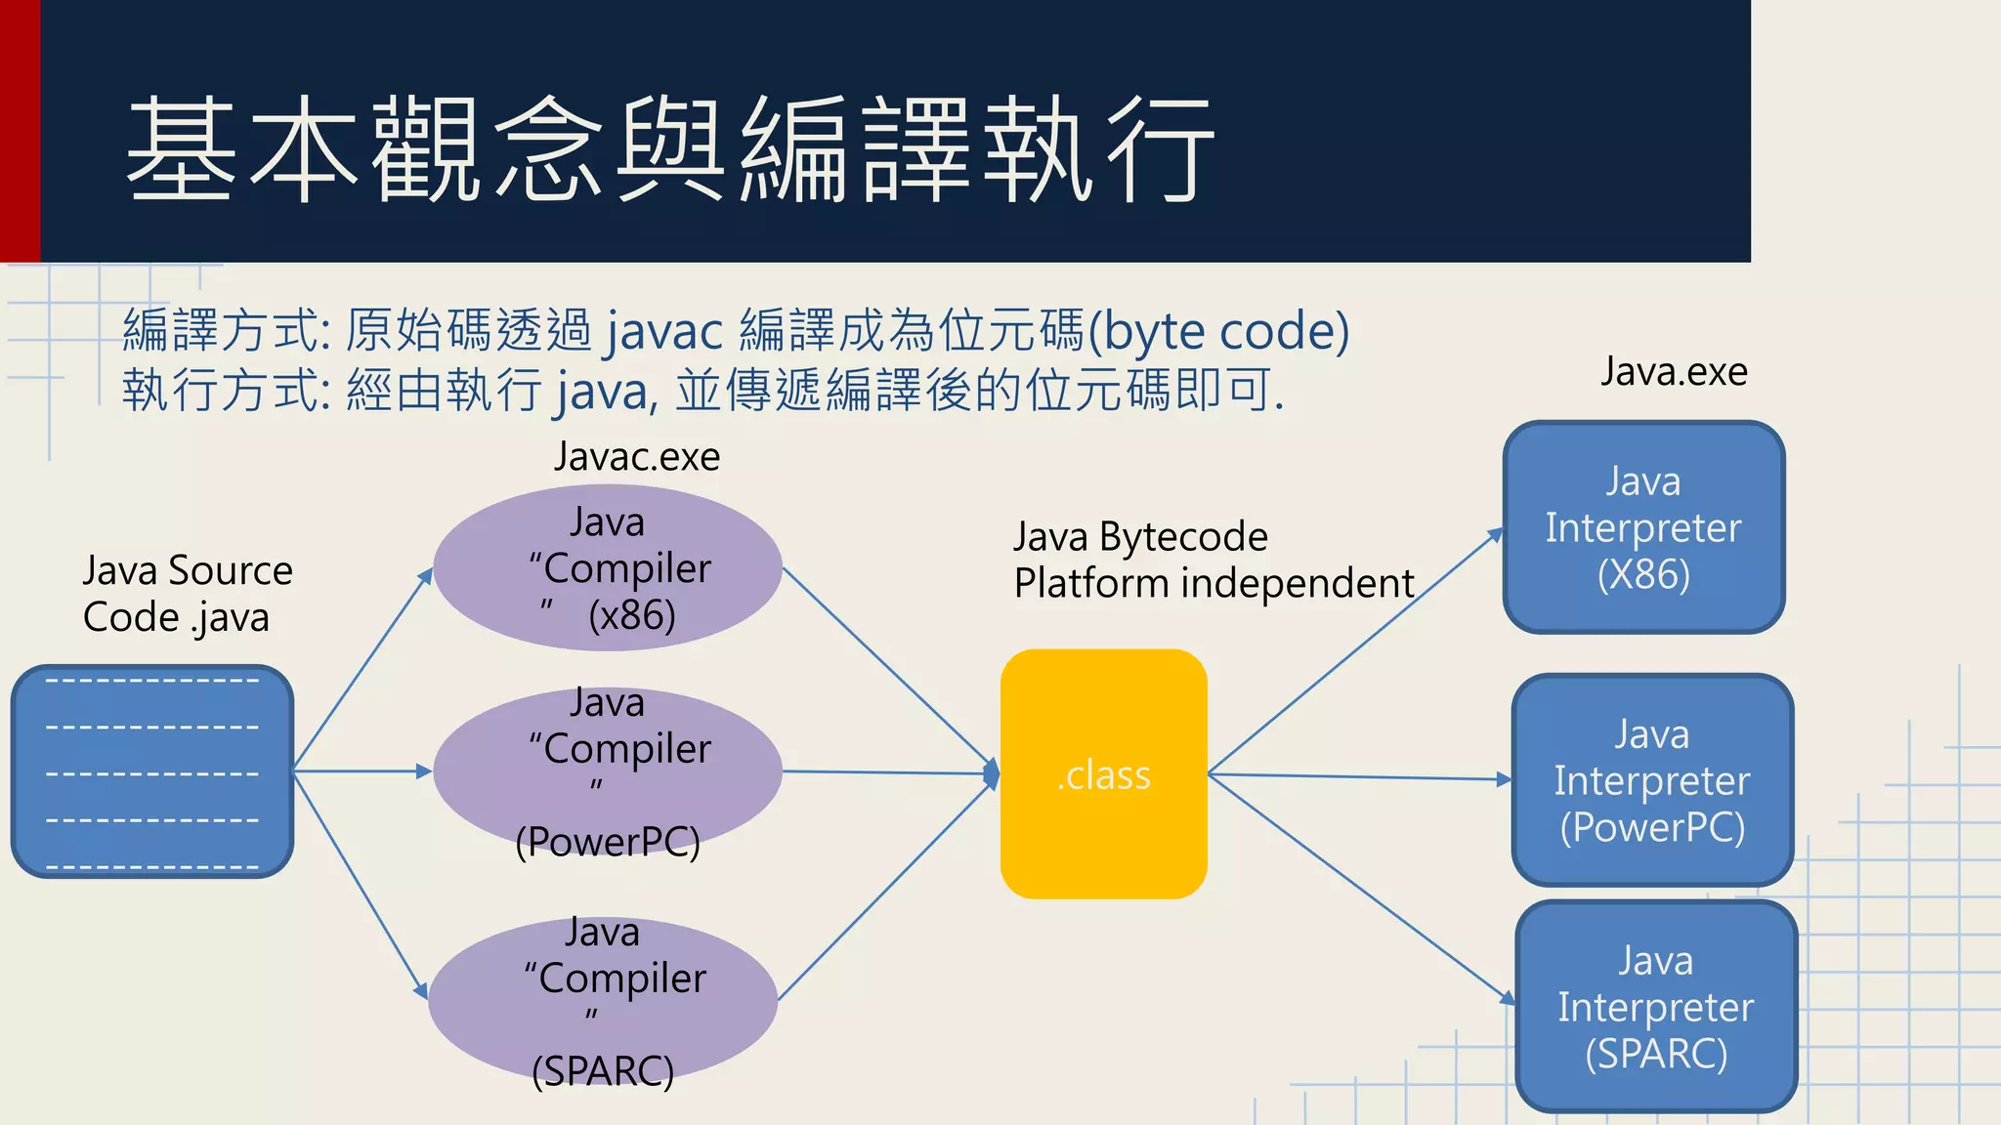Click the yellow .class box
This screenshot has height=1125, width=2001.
point(1103,773)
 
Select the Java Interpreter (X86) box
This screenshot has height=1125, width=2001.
point(1643,527)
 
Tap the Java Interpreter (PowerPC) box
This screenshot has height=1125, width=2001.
point(1651,779)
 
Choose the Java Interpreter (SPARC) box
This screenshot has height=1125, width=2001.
point(1655,1006)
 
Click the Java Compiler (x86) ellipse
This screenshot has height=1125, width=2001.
point(607,568)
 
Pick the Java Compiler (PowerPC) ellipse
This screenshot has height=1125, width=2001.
point(607,771)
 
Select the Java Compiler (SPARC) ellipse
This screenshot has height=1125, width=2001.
point(603,1001)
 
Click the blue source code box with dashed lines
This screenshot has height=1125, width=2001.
point(152,771)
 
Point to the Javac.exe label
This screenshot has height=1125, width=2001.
point(637,457)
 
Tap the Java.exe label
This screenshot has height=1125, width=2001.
point(1673,372)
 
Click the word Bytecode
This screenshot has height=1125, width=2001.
point(1183,537)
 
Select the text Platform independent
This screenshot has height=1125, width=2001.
point(1213,584)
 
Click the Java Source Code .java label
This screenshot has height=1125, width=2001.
point(187,594)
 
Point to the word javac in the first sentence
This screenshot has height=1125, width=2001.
point(664,332)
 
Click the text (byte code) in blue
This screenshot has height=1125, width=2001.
point(1218,332)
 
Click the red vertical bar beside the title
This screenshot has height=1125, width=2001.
point(20,131)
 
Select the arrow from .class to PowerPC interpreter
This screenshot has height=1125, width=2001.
point(1358,777)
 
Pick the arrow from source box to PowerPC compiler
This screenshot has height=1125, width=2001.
point(362,771)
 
